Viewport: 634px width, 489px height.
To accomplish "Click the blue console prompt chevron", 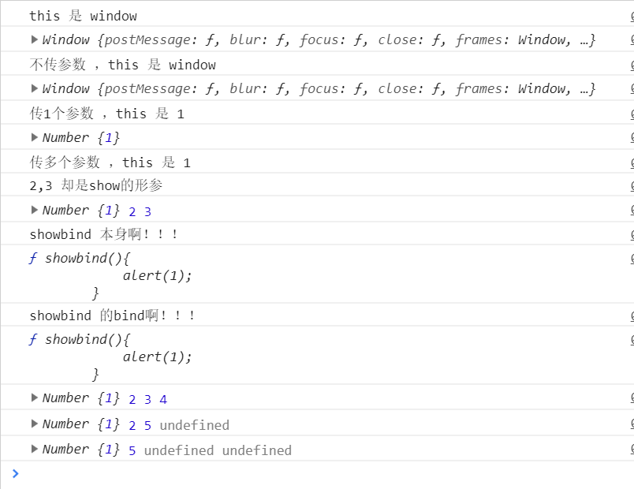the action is coord(15,473).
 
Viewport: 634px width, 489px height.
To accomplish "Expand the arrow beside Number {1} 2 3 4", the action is coord(34,398).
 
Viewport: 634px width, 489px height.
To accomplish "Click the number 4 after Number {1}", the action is coord(163,400).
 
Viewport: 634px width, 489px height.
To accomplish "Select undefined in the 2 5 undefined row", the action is coord(194,425).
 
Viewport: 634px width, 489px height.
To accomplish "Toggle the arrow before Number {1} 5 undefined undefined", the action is coord(34,449).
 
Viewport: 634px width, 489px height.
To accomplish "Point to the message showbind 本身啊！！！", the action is coord(103,235).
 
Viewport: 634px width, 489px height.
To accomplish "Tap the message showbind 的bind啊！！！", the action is coord(112,315).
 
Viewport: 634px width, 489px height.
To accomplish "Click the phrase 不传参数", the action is coord(58,65).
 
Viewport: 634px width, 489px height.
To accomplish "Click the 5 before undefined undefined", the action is coord(132,450).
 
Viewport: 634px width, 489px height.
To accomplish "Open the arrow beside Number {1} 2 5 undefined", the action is coord(34,424).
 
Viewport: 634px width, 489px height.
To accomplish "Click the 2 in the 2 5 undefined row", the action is coord(132,425).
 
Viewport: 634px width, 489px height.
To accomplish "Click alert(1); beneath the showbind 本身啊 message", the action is coord(157,275).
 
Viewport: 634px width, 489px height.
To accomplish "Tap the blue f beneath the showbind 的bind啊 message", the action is coord(33,339).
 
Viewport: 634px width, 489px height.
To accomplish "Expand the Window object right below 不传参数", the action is coord(34,88).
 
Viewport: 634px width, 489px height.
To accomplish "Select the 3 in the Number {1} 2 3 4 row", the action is coord(147,400).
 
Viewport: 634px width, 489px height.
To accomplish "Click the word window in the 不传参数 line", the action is coord(192,65).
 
